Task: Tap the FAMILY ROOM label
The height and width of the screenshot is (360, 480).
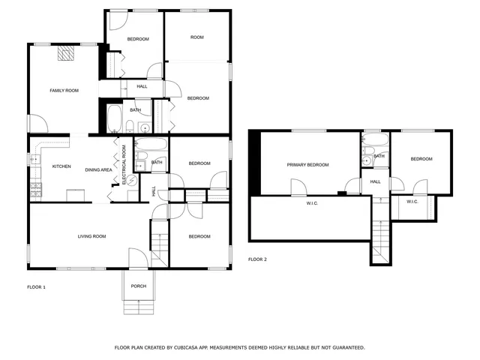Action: click(x=64, y=91)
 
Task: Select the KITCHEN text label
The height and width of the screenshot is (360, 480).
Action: click(x=61, y=166)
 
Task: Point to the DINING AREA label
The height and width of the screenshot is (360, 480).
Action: click(x=98, y=170)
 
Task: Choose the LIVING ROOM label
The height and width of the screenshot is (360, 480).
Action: click(x=91, y=236)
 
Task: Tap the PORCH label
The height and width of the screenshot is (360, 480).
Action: click(x=138, y=286)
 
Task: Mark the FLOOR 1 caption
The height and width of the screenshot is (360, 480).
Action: click(x=36, y=287)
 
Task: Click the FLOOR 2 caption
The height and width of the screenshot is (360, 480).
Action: click(x=257, y=259)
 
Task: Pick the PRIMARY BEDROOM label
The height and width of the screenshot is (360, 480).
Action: click(x=307, y=165)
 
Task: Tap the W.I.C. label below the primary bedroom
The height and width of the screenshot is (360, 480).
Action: click(x=313, y=203)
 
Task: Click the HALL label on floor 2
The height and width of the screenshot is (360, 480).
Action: click(x=375, y=181)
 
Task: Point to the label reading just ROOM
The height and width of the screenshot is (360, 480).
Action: click(x=196, y=37)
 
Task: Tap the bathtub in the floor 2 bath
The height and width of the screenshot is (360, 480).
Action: click(x=375, y=140)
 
